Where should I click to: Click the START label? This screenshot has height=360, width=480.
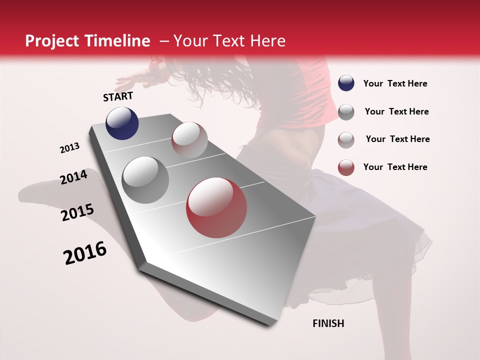118,96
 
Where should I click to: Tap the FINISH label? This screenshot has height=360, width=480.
328,323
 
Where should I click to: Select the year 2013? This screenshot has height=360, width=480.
69,148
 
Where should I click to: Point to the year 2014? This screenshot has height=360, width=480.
73,177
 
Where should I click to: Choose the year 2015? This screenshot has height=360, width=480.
77,212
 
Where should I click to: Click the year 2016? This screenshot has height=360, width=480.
85,253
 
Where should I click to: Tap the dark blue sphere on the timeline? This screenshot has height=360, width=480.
122,123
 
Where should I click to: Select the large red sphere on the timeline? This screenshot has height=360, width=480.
216,207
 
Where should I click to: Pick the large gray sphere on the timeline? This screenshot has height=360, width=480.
145,179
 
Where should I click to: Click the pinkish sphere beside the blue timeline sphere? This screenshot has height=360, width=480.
189,140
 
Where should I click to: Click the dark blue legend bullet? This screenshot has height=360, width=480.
346,83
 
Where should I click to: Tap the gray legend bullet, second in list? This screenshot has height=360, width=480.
346,112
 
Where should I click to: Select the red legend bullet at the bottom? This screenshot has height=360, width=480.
346,167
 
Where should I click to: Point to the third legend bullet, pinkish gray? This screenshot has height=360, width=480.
346,139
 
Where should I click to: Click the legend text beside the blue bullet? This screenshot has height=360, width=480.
395,84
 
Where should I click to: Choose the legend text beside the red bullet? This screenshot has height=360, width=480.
395,167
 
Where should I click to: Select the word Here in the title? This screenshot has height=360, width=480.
267,41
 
